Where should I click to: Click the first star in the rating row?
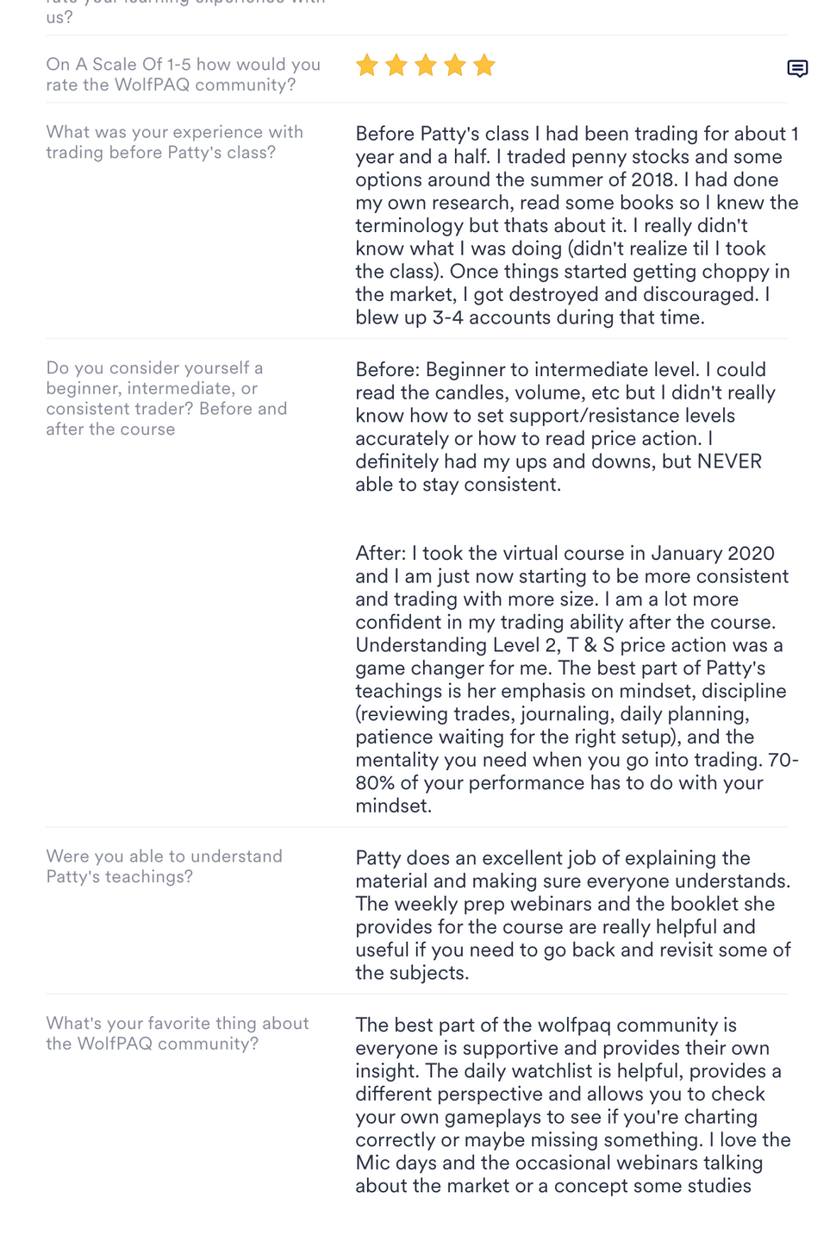[x=367, y=65]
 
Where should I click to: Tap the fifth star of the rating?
[x=484, y=65]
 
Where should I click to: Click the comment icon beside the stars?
[x=797, y=69]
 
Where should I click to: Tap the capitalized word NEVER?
[x=729, y=461]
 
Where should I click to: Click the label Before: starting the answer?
[x=388, y=370]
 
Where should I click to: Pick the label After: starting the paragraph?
[x=380, y=554]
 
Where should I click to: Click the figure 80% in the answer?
[x=376, y=783]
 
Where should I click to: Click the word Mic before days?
[x=372, y=1163]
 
